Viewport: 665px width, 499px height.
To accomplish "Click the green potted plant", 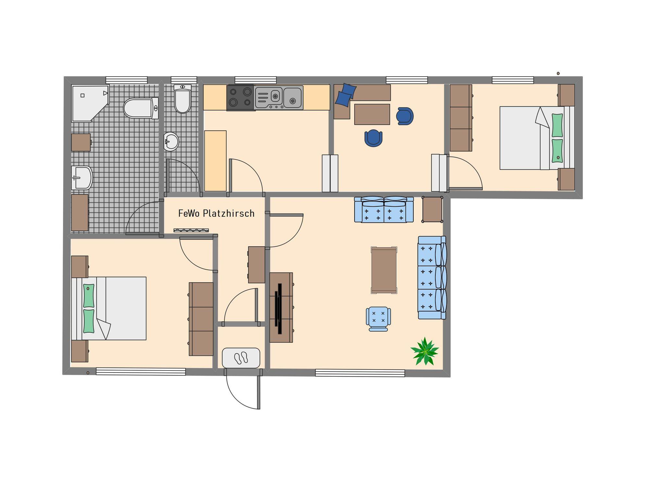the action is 424,351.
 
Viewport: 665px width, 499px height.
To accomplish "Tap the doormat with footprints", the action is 241,358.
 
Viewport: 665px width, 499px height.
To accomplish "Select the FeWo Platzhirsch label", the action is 216,213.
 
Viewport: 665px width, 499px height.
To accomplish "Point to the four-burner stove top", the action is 240,98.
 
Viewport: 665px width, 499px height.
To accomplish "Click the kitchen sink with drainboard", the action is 279,98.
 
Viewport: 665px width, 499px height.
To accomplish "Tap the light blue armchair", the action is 378,319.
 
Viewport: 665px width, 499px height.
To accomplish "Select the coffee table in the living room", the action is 384,270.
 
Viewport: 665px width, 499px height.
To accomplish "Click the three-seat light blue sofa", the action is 432,278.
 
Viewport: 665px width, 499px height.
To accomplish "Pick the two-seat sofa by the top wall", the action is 384,209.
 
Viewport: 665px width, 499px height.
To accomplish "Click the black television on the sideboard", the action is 278,309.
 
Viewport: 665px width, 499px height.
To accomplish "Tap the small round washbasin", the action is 171,141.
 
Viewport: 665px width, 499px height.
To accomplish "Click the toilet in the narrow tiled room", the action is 182,99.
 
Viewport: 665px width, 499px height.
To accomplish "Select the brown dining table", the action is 372,114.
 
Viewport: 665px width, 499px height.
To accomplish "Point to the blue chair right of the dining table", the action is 405,116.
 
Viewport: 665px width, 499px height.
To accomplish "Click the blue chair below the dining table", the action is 373,138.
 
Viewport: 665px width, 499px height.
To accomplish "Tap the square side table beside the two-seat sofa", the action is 432,209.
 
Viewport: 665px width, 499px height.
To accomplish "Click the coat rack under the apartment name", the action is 191,230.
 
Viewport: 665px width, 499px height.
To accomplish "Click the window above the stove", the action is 256,80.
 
